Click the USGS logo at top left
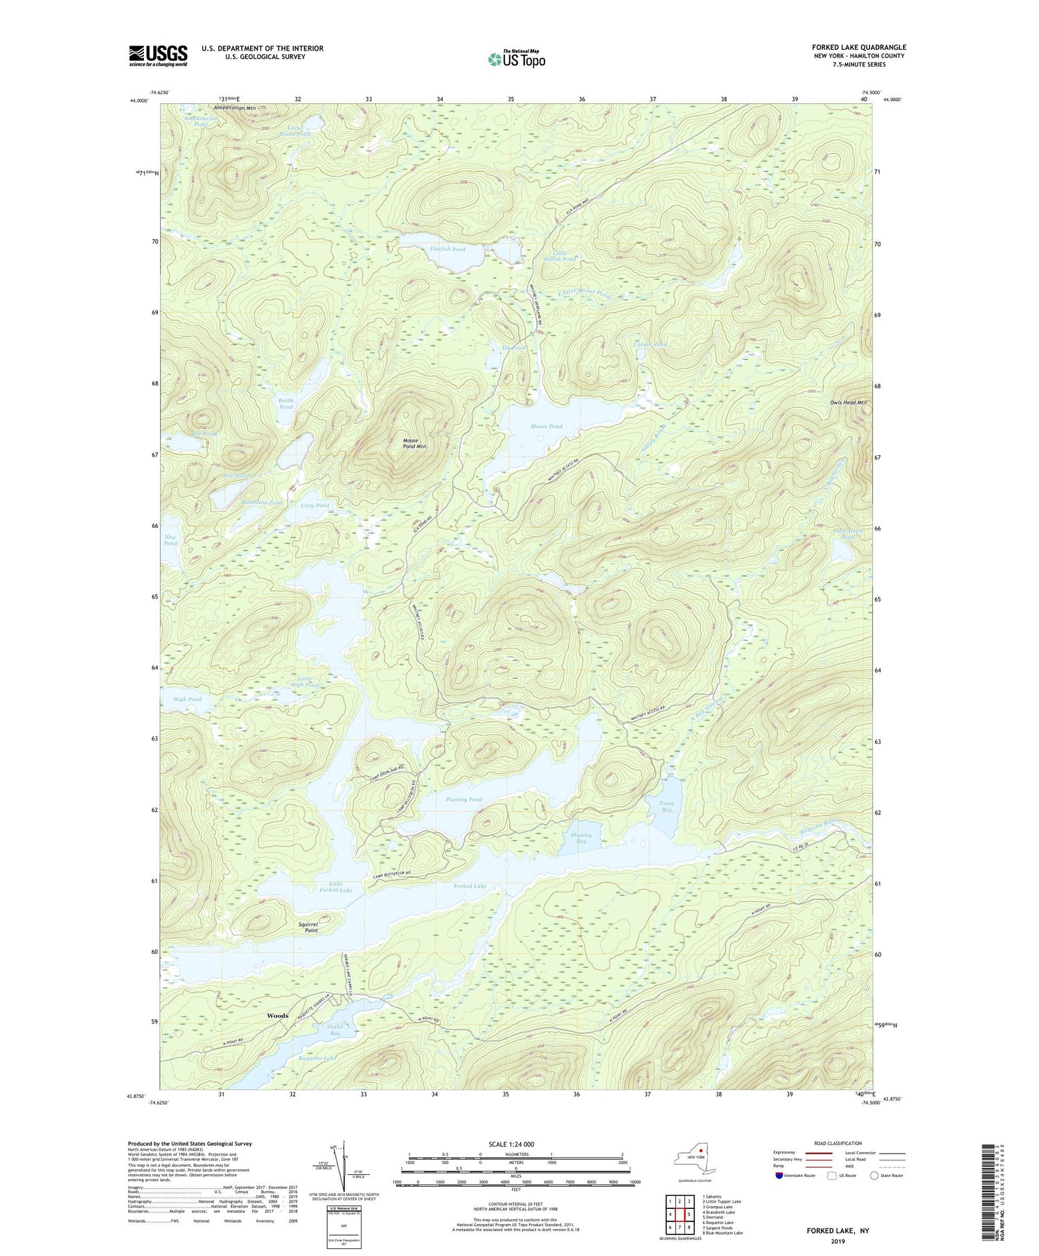click(158, 55)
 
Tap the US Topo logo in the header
click(516, 59)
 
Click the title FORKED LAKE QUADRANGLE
click(859, 47)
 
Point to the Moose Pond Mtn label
click(414, 443)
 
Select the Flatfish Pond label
click(447, 249)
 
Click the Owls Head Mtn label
click(849, 403)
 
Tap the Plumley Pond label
click(464, 799)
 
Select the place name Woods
click(277, 1016)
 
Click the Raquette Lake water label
click(317, 1058)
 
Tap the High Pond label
click(187, 699)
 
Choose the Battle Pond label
click(286, 403)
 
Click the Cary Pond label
click(315, 505)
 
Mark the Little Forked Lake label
click(339, 887)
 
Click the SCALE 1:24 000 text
click(511, 1144)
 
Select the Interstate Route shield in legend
click(781, 1176)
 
